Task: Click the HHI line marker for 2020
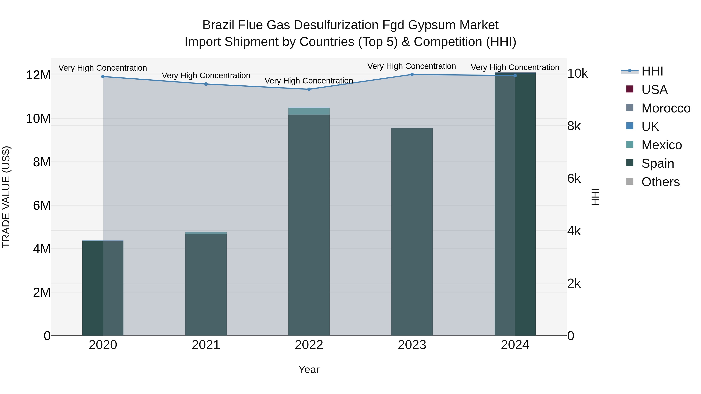pos(103,77)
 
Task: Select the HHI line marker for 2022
pos(309,89)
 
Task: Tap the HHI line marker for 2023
pos(412,75)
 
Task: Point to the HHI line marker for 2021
pos(206,84)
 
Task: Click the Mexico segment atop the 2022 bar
pos(309,111)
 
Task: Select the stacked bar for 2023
pos(412,231)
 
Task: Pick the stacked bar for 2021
pos(206,284)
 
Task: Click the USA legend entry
pos(654,90)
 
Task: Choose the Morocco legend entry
pos(666,108)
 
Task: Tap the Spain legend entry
pos(657,163)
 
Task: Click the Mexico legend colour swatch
pos(630,144)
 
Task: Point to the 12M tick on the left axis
pos(38,75)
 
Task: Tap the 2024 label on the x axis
pos(515,345)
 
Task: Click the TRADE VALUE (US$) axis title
pos(6,197)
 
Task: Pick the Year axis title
pos(309,369)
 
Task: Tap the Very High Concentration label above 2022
pos(309,81)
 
